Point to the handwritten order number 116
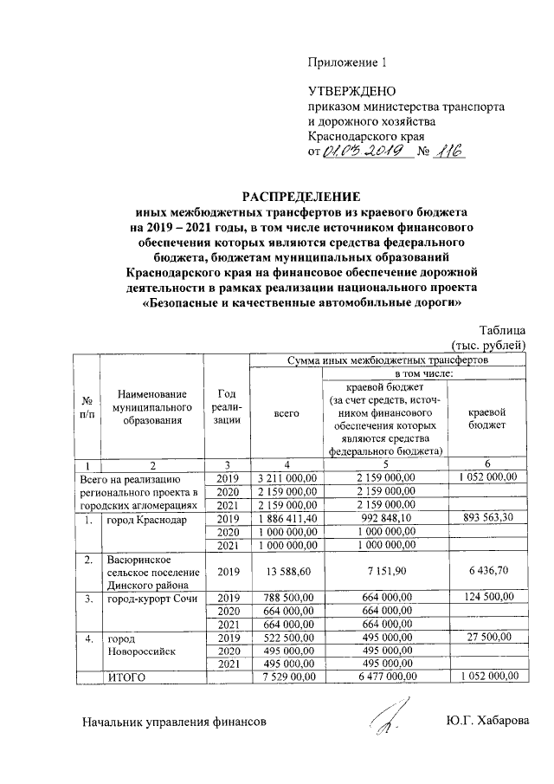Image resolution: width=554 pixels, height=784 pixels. [448, 151]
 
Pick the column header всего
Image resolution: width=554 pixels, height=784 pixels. [284, 414]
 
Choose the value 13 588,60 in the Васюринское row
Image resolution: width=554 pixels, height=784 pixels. [284, 571]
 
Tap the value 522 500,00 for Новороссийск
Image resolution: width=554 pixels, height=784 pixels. [284, 637]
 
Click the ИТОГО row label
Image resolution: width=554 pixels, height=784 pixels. [126, 677]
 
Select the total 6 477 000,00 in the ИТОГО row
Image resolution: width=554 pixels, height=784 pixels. [382, 677]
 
